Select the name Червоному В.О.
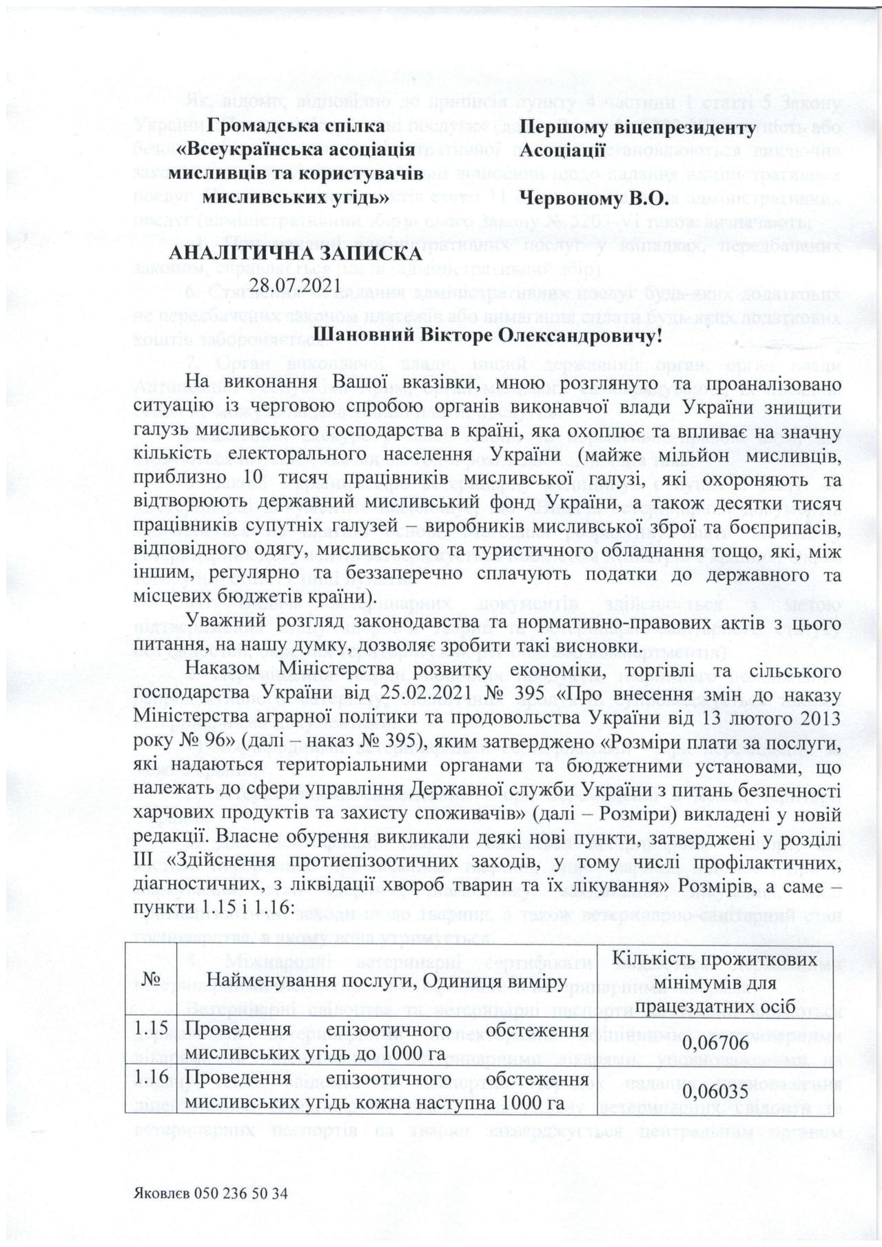[594, 200]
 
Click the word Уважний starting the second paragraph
[217, 622]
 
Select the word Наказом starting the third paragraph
[219, 672]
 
